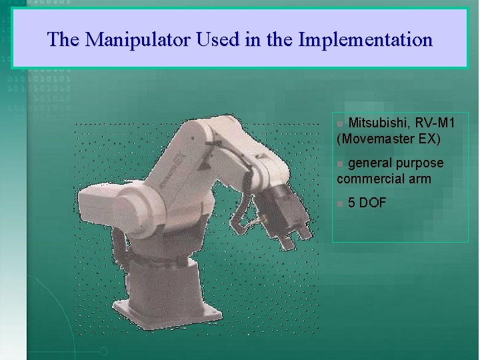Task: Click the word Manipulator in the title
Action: tap(137, 40)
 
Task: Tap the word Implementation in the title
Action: tap(365, 40)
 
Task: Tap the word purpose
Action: tap(419, 163)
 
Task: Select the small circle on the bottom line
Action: tap(103, 351)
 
